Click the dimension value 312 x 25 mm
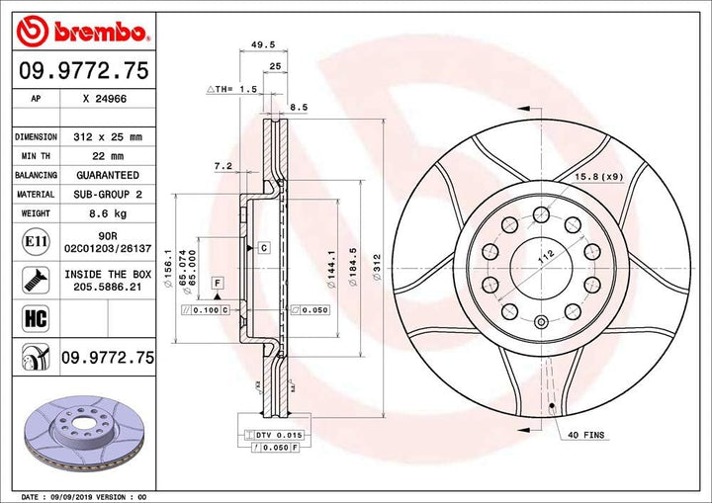point(109,136)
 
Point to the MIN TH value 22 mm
point(109,156)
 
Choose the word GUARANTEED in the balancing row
point(109,175)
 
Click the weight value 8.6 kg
point(109,213)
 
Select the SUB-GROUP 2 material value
point(109,195)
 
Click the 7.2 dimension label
point(222,167)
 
